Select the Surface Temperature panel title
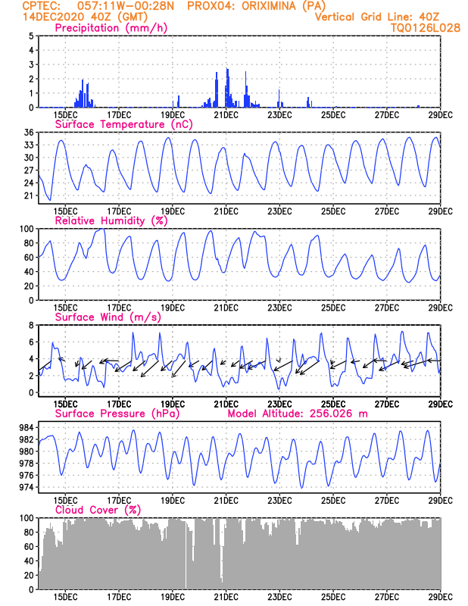point(122,124)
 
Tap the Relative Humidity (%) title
point(111,220)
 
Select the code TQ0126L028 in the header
point(426,28)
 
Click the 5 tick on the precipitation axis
point(30,36)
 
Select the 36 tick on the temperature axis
point(28,133)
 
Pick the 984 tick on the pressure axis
point(25,427)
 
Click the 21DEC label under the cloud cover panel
point(226,597)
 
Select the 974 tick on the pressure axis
point(25,487)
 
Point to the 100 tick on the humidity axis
point(26,229)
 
